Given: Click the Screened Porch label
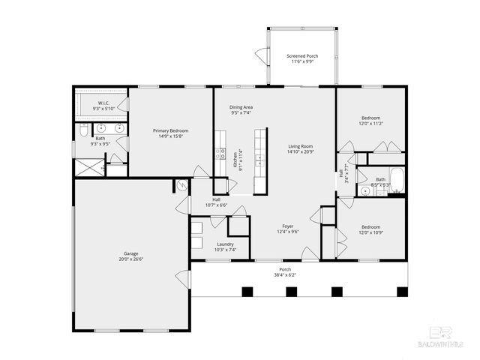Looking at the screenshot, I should [301, 56].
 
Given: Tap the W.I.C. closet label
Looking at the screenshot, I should [104, 103].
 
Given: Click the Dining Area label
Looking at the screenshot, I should [241, 107].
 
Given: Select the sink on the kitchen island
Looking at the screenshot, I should [260, 159].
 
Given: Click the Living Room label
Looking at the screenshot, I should [300, 146].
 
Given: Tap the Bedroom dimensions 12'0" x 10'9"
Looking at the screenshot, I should [370, 232].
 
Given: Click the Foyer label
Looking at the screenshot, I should [287, 226].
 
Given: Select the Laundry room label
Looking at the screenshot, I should [225, 244].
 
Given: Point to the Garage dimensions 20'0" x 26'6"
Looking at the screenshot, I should [130, 259].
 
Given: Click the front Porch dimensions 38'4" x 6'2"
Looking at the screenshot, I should [285, 274].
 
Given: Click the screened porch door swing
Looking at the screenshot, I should [261, 55].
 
